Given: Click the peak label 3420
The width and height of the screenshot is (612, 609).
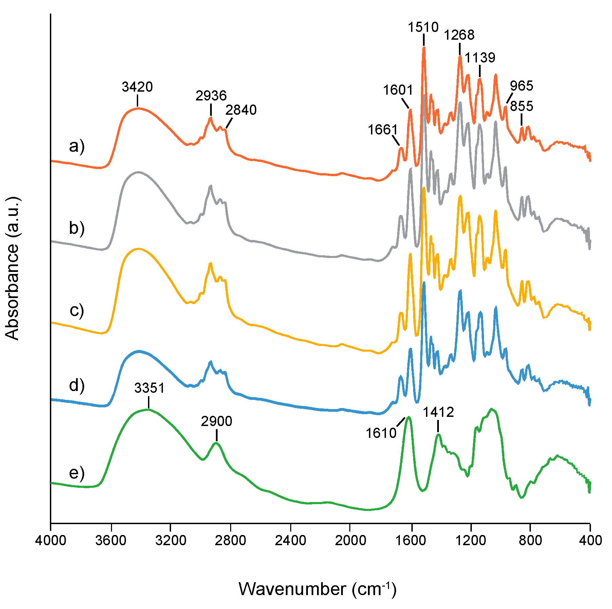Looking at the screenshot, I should pos(137,87).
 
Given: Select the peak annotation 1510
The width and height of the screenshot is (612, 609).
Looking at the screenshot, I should pos(423,27).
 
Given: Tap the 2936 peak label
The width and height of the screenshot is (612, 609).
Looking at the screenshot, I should pos(211,96).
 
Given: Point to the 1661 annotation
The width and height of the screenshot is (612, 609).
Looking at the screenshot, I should pos(383,130).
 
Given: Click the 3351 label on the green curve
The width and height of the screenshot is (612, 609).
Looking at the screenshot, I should pos(149,388).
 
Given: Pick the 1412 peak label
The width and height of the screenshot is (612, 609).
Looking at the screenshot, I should pos(438,412).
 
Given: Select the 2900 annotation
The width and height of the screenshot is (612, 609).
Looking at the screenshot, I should pos(216,422).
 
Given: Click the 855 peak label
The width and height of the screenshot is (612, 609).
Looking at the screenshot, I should pos(521,107).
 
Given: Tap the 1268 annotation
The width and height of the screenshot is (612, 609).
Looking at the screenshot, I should pos(459,35).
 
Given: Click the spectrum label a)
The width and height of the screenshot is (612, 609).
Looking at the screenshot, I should pos(77,147).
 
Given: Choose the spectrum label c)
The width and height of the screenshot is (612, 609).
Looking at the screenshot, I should pos(77,310).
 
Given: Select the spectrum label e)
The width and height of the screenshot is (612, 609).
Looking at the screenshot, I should pos(77,473).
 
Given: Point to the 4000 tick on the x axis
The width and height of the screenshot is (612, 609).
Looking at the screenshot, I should pos(51,540).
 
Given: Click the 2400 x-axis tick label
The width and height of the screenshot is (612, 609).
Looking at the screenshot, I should pos(290,540).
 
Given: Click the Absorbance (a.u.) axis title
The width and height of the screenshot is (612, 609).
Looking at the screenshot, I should pos(13,268).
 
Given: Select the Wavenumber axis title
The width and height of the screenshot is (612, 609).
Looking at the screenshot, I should pos(317,589).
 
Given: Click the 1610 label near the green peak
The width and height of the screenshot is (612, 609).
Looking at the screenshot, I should pos(381,433).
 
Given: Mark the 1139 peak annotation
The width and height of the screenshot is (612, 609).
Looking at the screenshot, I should pos(480,58).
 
